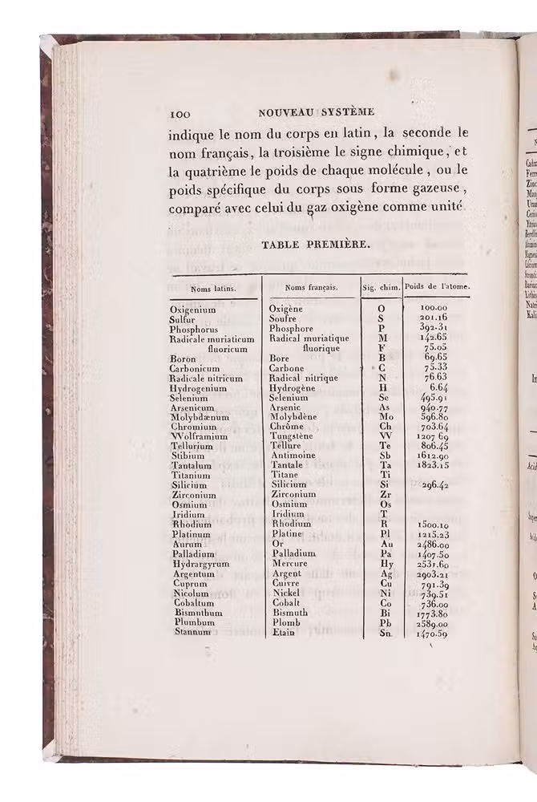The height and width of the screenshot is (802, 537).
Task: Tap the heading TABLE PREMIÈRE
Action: [x=316, y=245]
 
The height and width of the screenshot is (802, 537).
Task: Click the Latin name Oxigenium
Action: [x=193, y=309]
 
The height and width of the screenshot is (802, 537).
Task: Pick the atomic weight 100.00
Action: [x=434, y=308]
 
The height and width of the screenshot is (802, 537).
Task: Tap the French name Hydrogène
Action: [x=293, y=387]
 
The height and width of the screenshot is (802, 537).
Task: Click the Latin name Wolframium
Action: [x=198, y=436]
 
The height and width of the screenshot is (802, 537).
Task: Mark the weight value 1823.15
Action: [x=433, y=465]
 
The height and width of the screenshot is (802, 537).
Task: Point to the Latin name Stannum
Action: [x=191, y=632]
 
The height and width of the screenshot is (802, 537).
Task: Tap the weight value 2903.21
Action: [x=433, y=573]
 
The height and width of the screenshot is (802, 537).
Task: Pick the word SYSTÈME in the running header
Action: [x=342, y=112]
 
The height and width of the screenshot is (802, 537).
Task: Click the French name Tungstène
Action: [x=294, y=436]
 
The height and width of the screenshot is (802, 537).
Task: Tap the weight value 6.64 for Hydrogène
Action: [x=442, y=387]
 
